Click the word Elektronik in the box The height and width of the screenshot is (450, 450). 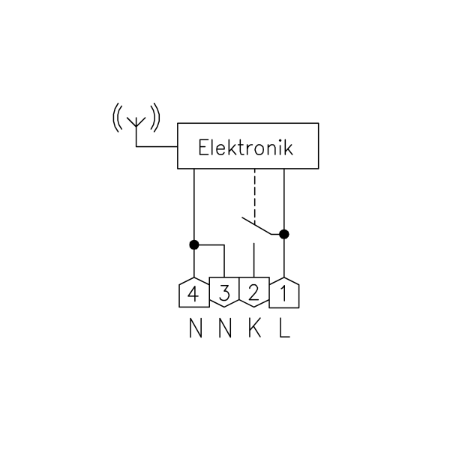click(246, 148)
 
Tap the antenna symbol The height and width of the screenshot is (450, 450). click(136, 126)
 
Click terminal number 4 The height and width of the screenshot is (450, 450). click(194, 292)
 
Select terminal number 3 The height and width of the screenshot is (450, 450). click(224, 292)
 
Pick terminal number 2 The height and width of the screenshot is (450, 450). click(254, 292)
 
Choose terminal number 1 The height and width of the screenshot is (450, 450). click(284, 292)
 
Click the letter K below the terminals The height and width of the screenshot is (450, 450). click(254, 328)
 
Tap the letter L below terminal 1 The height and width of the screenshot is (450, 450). click(285, 328)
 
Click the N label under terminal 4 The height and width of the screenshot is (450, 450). click(196, 328)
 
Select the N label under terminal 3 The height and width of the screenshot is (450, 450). click(225, 328)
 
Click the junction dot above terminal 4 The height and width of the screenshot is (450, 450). click(194, 244)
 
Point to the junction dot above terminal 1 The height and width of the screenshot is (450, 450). click(283, 234)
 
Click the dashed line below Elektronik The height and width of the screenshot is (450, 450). click(254, 196)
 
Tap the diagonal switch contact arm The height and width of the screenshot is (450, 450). click(256, 226)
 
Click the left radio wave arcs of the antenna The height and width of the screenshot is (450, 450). click(117, 118)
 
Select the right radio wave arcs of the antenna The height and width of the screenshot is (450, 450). click(155, 118)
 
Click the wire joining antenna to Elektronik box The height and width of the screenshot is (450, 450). click(157, 147)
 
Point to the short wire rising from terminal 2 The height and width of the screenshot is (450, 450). click(253, 260)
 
